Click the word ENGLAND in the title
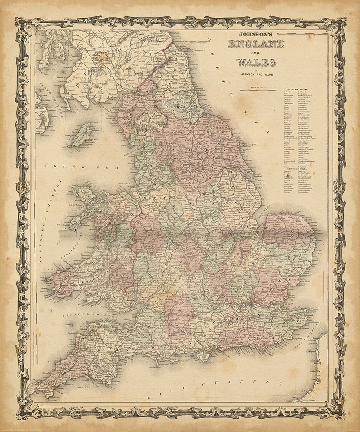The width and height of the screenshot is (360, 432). click(256, 44)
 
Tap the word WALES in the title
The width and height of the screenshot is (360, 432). click(256, 61)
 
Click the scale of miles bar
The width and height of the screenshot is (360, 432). click(256, 89)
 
